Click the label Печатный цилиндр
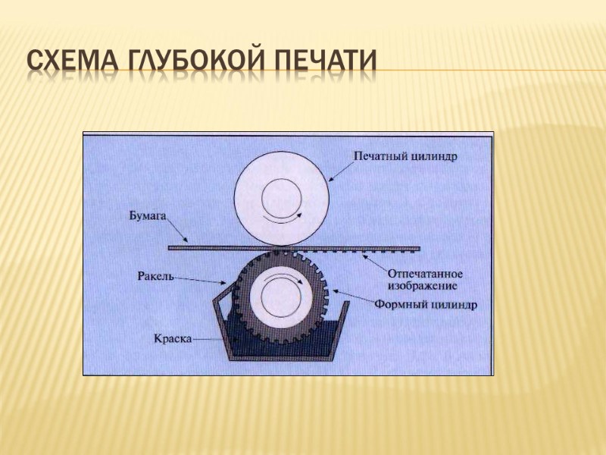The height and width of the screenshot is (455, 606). click(x=408, y=155)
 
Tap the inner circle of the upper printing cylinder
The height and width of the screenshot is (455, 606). click(x=282, y=201)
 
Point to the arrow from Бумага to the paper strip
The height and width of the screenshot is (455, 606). click(x=177, y=229)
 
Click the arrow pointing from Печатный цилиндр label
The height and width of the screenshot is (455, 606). click(x=342, y=168)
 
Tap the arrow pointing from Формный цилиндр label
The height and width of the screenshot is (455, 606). click(x=353, y=297)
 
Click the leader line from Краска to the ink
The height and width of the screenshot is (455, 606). click(x=212, y=340)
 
